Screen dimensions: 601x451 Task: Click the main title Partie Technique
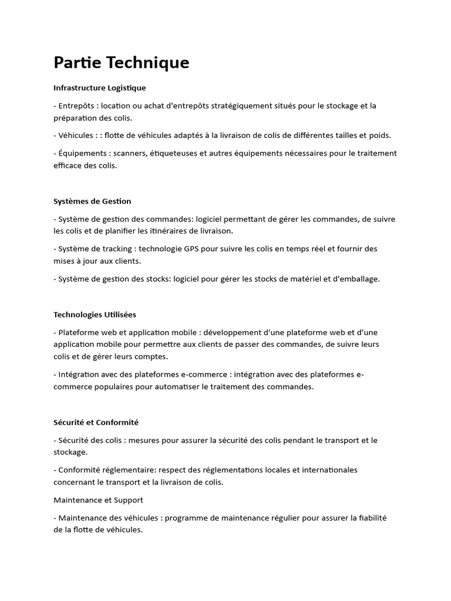121,63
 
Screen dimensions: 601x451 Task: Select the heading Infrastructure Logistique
99,88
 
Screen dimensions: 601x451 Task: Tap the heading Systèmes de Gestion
92,201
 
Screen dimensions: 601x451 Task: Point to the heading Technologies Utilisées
95,315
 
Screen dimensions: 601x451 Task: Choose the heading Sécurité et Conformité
96,422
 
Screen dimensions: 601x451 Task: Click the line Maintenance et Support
98,500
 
